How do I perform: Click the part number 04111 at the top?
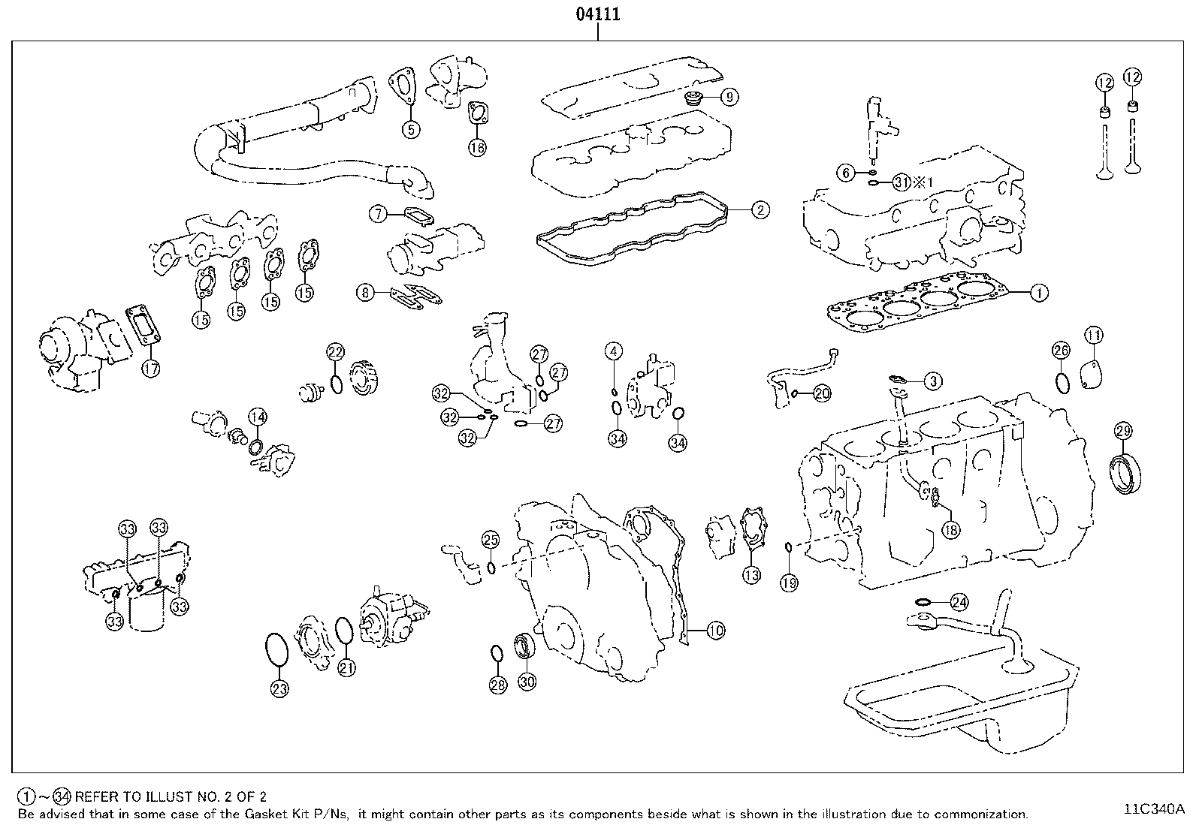pos(598,14)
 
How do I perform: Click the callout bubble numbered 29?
pos(1123,431)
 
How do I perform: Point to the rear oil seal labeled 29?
pos(1128,473)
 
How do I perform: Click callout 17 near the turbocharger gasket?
pos(151,369)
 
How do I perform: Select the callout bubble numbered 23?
pos(279,688)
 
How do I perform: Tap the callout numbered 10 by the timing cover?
pos(715,631)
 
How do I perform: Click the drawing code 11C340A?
pos(1153,809)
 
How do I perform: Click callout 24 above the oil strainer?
pos(959,602)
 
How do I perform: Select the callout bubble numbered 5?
pos(410,129)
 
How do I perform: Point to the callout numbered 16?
pos(477,147)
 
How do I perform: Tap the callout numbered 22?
pos(335,352)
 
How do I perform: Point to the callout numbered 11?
pos(1093,336)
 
